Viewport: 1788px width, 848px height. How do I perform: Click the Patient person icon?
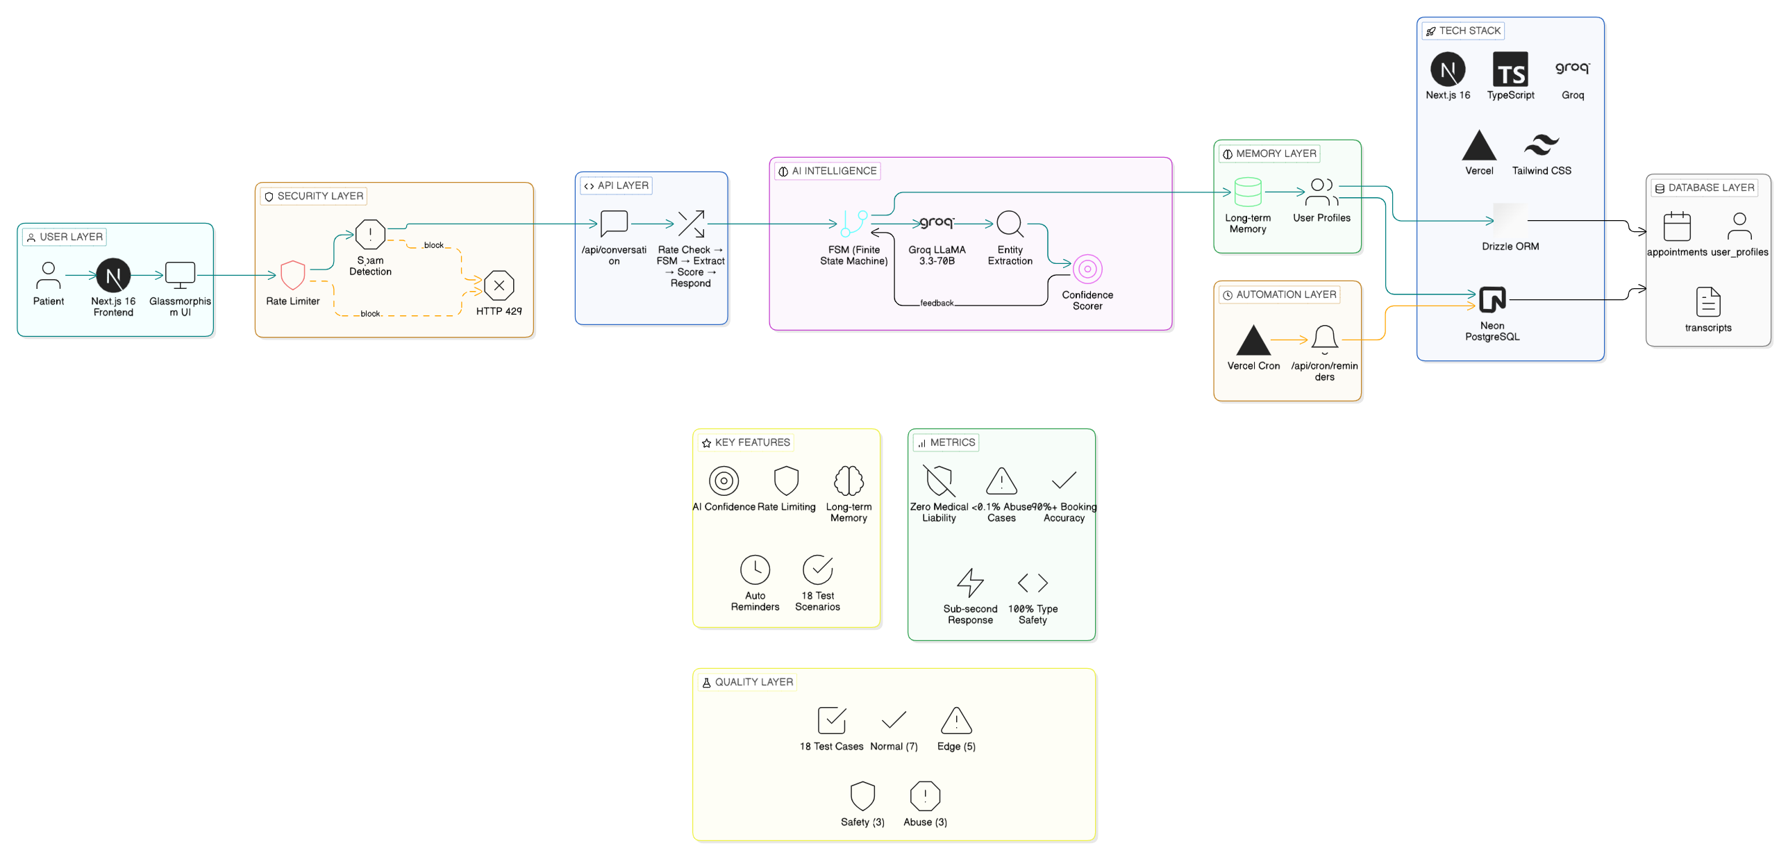click(x=48, y=275)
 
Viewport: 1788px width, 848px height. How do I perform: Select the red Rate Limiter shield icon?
click(x=292, y=275)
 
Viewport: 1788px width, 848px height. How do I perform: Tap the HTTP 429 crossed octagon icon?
click(x=499, y=285)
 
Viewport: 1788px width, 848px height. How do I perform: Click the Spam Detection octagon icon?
click(x=370, y=234)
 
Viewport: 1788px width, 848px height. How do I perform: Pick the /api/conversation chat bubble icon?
click(x=614, y=224)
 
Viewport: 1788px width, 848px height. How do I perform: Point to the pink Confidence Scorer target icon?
click(x=1087, y=269)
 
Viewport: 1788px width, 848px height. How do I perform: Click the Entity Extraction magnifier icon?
click(x=1010, y=224)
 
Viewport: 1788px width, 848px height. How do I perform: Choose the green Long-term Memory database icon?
click(x=1247, y=192)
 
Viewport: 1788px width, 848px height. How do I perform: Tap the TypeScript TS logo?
click(x=1510, y=69)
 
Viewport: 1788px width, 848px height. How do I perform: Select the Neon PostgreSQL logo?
click(x=1492, y=300)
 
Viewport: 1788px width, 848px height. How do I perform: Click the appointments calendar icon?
click(x=1676, y=226)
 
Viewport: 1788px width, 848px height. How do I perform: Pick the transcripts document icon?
click(x=1707, y=302)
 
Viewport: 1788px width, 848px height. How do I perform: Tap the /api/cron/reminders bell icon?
click(x=1323, y=339)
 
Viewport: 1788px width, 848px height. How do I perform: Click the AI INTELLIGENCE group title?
click(x=833, y=171)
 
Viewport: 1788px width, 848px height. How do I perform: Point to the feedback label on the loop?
click(x=936, y=304)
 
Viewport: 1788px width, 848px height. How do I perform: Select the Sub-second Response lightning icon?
click(x=969, y=582)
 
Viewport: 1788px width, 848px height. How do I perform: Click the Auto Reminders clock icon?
click(x=755, y=570)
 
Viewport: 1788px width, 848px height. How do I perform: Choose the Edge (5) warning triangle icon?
click(x=955, y=721)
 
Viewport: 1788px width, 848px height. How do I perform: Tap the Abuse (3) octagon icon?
click(x=924, y=796)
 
